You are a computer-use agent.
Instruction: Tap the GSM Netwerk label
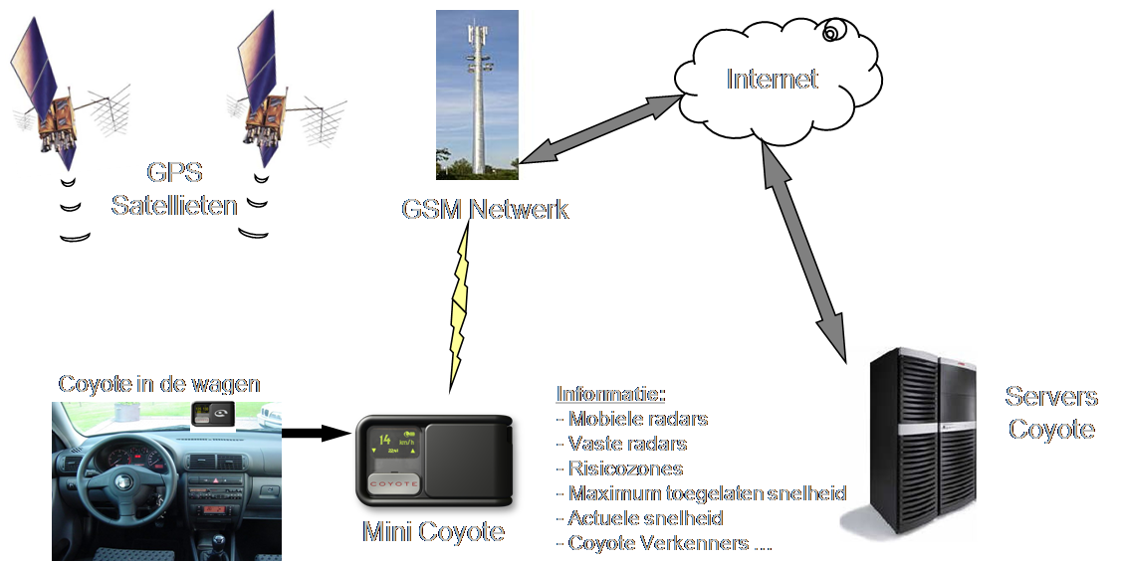point(485,210)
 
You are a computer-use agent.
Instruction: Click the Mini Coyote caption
point(433,532)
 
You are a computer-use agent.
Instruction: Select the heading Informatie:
point(610,393)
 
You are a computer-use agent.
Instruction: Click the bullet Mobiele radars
point(637,419)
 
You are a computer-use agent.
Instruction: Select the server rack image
point(907,443)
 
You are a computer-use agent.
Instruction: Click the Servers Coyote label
point(1050,413)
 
